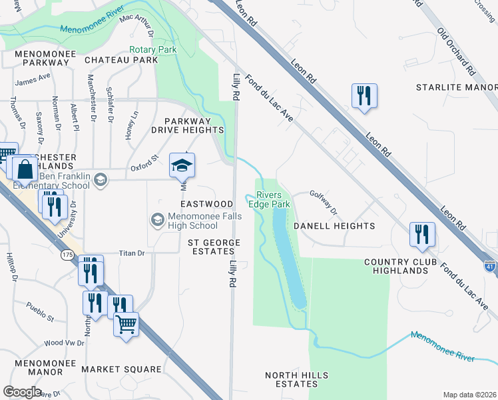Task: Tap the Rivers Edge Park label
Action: (x=270, y=199)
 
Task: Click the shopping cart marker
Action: (x=125, y=326)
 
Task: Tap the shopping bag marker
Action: (x=25, y=170)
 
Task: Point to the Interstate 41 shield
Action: (x=489, y=265)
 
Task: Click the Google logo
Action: (x=23, y=391)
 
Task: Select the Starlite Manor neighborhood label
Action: (x=456, y=87)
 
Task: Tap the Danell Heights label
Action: (x=334, y=226)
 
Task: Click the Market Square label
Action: (x=121, y=369)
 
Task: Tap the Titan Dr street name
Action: (x=131, y=253)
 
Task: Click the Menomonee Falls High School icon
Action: (x=158, y=219)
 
